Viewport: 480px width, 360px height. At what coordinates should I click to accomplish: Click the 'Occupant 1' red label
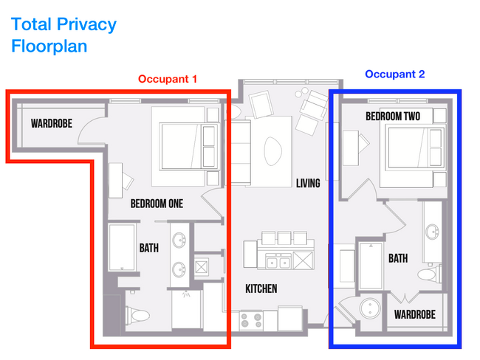click(x=168, y=78)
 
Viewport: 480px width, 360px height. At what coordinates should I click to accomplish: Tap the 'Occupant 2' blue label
click(x=395, y=75)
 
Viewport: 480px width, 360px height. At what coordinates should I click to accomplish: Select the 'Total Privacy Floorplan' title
click(x=64, y=35)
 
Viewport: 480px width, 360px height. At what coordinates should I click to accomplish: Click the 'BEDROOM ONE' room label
click(x=157, y=203)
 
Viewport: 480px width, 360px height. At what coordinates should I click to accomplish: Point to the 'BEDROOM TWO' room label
click(x=393, y=117)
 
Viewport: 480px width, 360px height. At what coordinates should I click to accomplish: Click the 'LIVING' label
click(x=308, y=183)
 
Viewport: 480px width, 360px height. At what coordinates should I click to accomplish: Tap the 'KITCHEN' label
click(x=261, y=288)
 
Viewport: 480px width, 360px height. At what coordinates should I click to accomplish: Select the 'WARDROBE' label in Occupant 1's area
click(x=52, y=123)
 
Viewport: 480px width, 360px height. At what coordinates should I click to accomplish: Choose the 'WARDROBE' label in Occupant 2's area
click(x=414, y=315)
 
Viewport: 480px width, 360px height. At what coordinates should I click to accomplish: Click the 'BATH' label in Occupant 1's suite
click(x=149, y=249)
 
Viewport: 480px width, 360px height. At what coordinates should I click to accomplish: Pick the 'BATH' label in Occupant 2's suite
click(x=398, y=258)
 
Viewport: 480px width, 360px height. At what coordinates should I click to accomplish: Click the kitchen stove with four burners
click(x=251, y=320)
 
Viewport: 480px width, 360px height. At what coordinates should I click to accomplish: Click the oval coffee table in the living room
click(x=272, y=152)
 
